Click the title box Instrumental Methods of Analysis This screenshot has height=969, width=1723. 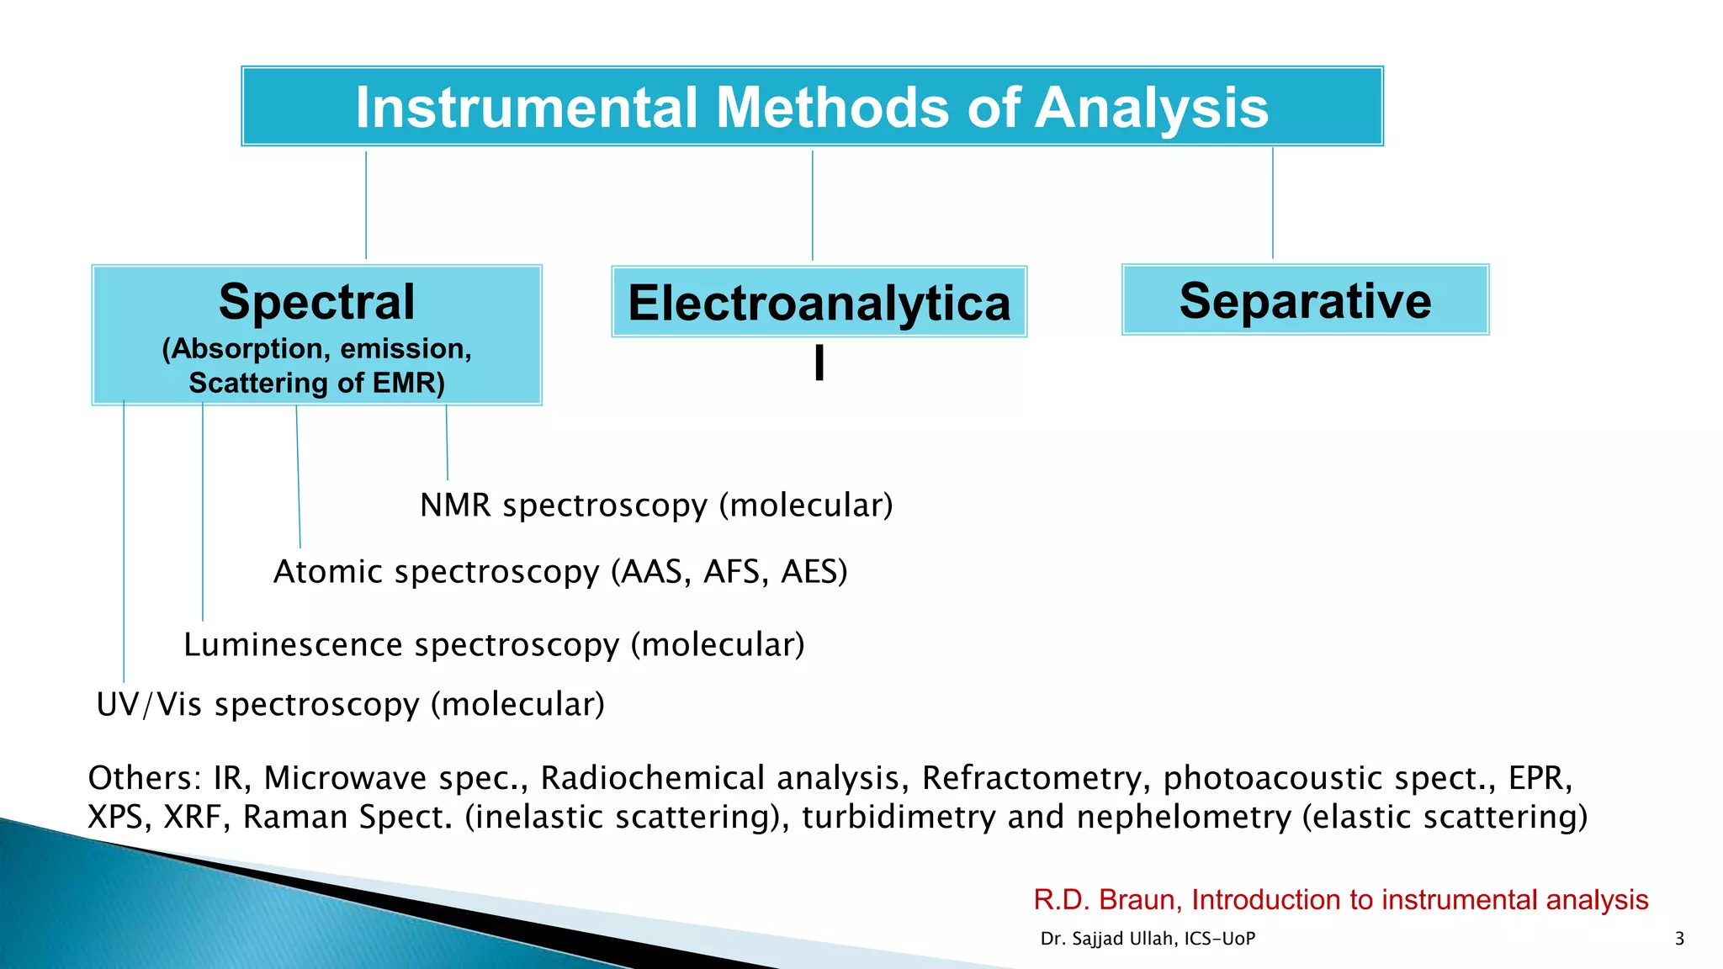[x=812, y=107]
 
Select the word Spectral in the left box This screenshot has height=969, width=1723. [x=316, y=302]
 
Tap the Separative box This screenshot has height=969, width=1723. [x=1305, y=300]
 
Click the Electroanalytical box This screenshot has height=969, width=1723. [x=819, y=303]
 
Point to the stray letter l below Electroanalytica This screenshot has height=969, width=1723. [x=819, y=363]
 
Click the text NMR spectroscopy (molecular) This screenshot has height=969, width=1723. [x=656, y=506]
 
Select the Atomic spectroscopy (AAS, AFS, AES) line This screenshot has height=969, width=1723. [x=560, y=572]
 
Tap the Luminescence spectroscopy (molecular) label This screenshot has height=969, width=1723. [x=494, y=645]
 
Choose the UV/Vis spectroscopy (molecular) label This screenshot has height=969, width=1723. [x=351, y=705]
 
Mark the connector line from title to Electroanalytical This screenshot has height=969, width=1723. [x=813, y=206]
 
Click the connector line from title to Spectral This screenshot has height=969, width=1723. [x=366, y=206]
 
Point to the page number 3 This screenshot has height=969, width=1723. [x=1679, y=939]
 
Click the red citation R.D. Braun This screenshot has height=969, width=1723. [x=1340, y=900]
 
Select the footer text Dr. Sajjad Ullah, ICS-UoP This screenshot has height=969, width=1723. [x=1148, y=939]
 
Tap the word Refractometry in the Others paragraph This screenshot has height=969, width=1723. [x=1036, y=779]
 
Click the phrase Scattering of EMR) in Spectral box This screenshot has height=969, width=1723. [x=316, y=383]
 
